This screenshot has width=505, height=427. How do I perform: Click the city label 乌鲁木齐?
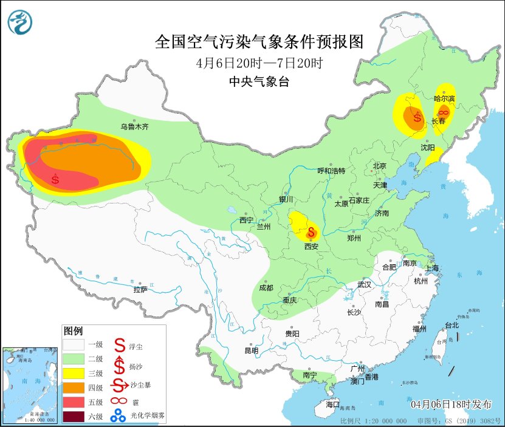pyautogui.click(x=134, y=127)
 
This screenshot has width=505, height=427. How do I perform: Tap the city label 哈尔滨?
pyautogui.click(x=444, y=98)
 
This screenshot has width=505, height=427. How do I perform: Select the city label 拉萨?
pyautogui.click(x=140, y=290)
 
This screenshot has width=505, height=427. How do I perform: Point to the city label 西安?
pyautogui.click(x=311, y=247)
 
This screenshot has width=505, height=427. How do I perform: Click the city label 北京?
pyautogui.click(x=380, y=165)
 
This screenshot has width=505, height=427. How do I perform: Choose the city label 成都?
pyautogui.click(x=266, y=288)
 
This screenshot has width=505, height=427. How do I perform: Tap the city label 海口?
pyautogui.click(x=332, y=405)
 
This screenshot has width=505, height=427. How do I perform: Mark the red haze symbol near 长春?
pyautogui.click(x=444, y=112)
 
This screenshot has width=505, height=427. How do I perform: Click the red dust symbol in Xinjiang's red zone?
pyautogui.click(x=56, y=179)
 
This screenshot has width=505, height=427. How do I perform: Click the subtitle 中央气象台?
pyautogui.click(x=259, y=83)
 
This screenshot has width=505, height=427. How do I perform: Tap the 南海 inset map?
pyautogui.click(x=30, y=385)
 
